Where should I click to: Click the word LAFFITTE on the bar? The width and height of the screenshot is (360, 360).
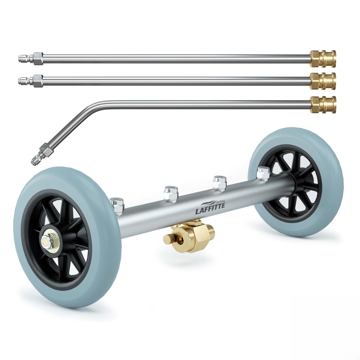point(210,210)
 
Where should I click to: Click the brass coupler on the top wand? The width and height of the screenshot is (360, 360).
point(323,59)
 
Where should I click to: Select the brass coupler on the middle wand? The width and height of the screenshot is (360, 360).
point(323,81)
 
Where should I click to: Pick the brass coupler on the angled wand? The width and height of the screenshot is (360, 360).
point(323,104)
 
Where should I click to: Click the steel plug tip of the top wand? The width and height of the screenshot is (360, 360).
point(25,59)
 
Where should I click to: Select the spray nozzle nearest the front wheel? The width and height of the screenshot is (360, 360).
point(117,206)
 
